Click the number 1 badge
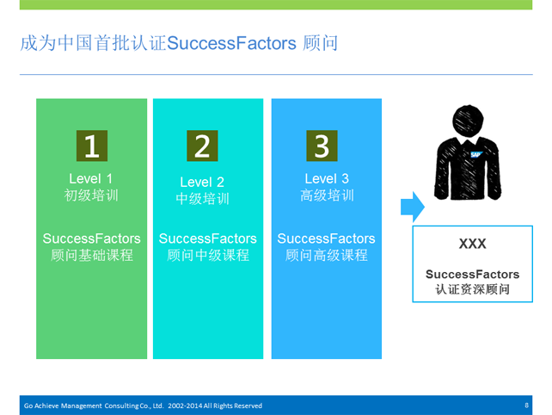(92, 146)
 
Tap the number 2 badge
(202, 146)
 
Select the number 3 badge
(322, 146)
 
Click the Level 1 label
(91, 179)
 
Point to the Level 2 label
(202, 183)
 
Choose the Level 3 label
(327, 179)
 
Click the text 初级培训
(91, 195)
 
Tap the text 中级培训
(202, 199)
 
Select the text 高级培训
(327, 195)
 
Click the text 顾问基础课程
(92, 255)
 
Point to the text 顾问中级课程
(208, 255)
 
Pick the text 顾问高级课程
(327, 255)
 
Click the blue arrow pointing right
(413, 207)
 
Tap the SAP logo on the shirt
(476, 154)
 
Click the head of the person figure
(468, 121)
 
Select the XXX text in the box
(472, 244)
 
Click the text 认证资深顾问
(472, 289)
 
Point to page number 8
(527, 406)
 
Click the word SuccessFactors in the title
(231, 43)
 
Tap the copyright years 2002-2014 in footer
(185, 406)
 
